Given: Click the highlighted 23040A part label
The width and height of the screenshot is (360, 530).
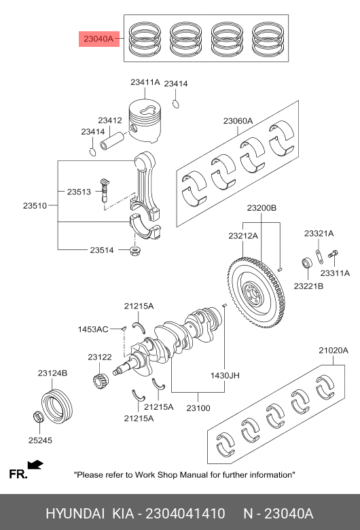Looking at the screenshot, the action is (98, 39).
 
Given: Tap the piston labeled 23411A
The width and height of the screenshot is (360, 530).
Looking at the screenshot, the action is (145, 120).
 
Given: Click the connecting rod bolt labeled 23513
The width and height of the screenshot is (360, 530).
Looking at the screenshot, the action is (105, 190).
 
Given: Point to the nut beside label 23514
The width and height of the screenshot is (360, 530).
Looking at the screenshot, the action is (135, 251).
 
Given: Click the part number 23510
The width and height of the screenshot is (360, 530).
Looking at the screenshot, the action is (35, 205).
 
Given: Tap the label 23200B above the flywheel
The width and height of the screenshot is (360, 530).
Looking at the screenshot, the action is (262, 208).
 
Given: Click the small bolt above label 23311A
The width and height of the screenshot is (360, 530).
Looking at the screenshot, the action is (333, 256).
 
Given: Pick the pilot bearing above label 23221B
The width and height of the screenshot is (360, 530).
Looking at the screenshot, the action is (307, 263).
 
